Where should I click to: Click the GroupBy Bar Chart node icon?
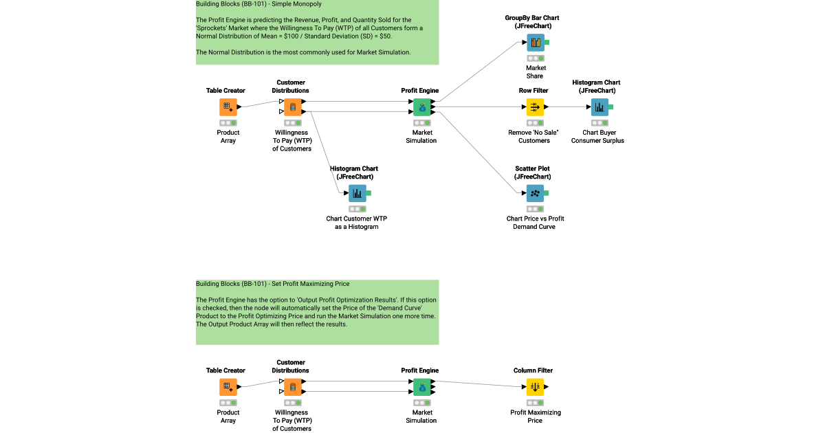click(x=535, y=43)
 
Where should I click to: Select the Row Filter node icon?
click(x=535, y=107)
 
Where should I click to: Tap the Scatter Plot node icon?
click(x=535, y=193)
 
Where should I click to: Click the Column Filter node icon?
click(x=535, y=388)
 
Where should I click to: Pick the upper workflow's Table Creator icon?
click(x=228, y=107)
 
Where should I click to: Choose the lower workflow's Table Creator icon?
click(x=228, y=388)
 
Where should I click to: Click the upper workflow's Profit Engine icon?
click(x=422, y=107)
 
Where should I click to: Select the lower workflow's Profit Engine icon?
click(x=422, y=388)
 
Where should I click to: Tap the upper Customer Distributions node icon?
click(x=293, y=107)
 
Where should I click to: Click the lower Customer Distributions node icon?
click(x=293, y=388)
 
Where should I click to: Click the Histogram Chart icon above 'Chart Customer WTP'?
click(x=357, y=193)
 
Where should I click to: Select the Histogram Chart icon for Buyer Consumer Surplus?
click(x=599, y=107)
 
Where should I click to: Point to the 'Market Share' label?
click(x=536, y=72)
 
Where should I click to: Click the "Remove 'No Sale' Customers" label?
click(x=534, y=136)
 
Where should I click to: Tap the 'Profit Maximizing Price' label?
click(x=536, y=417)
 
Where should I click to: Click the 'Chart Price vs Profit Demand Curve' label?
click(x=535, y=223)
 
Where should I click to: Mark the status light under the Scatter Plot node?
click(x=535, y=209)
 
